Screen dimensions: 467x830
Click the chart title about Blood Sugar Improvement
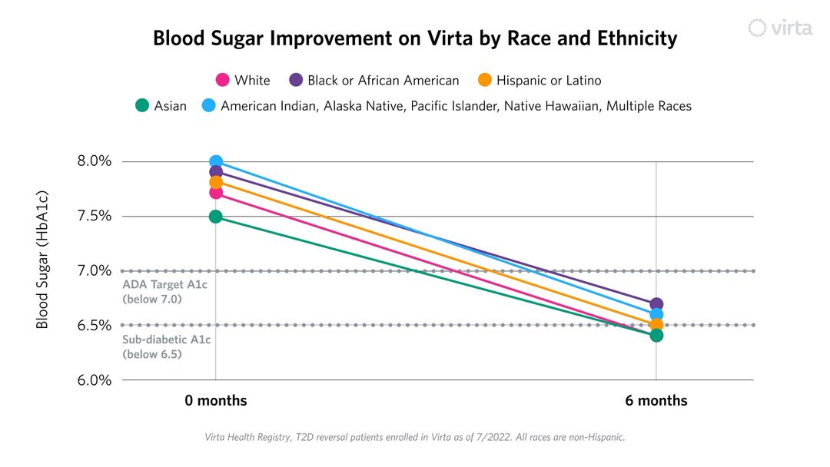(415, 38)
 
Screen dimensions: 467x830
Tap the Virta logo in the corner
(780, 28)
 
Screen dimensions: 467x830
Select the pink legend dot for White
(223, 80)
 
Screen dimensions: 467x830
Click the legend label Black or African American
(383, 80)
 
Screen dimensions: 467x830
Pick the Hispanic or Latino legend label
(549, 80)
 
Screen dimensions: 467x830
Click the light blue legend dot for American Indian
(208, 106)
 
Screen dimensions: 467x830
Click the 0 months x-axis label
(216, 401)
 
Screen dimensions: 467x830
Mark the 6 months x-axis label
(656, 401)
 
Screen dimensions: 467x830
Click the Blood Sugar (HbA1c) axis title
(43, 260)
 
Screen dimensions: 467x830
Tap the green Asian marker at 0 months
(216, 217)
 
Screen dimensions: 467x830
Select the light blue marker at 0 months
(216, 162)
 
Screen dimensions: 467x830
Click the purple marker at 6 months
(656, 304)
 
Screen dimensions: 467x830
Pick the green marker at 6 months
(656, 335)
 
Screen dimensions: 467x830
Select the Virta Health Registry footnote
(415, 437)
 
